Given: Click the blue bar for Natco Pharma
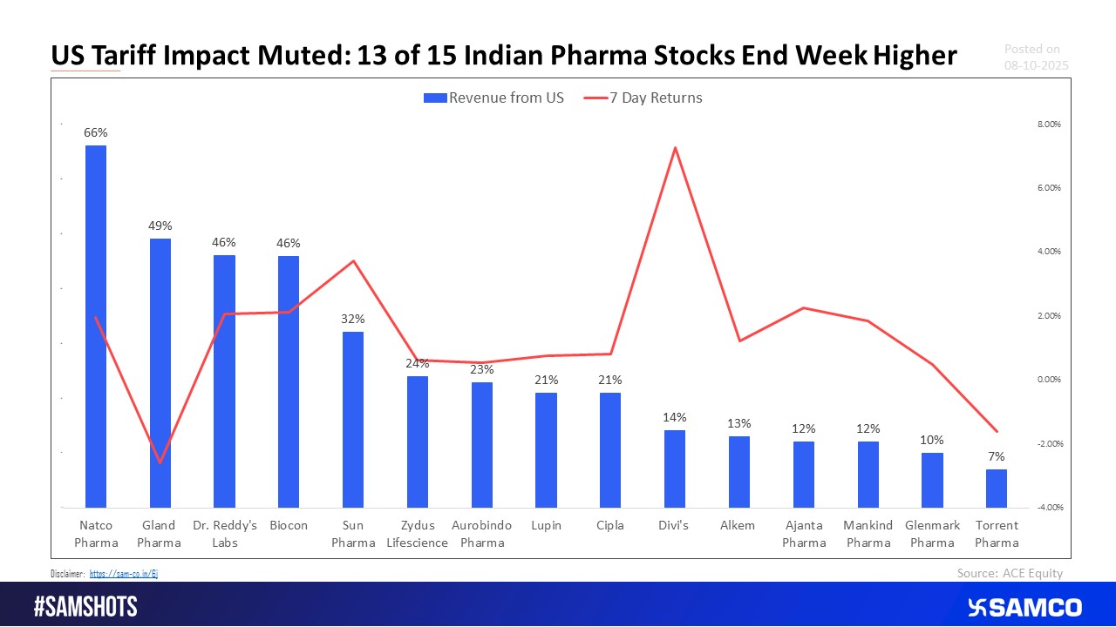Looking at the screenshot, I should click(x=95, y=326).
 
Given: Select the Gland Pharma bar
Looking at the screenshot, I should click(x=160, y=373).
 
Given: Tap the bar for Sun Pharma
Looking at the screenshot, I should click(x=352, y=419).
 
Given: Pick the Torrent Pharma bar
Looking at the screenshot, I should click(x=997, y=488).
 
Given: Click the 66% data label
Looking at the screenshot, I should click(x=95, y=133).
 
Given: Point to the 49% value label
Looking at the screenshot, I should click(x=160, y=226).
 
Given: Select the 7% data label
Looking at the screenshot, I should click(x=997, y=456).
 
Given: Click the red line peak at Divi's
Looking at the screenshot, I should click(x=675, y=148).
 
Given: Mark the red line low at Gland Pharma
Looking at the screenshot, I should click(x=160, y=462).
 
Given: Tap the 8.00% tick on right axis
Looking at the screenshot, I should click(x=1049, y=125).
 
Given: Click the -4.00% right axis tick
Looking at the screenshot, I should click(x=1048, y=508).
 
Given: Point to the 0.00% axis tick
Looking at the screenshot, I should click(x=1049, y=380).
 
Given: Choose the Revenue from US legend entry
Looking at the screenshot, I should click(x=493, y=98).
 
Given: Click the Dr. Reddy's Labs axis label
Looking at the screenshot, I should click(x=224, y=534).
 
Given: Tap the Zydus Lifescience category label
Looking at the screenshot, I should click(x=418, y=534).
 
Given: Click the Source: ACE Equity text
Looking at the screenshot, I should click(x=1010, y=572).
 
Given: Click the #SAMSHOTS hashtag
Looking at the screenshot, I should click(x=85, y=607).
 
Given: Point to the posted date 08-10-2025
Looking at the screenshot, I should click(x=1036, y=65).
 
